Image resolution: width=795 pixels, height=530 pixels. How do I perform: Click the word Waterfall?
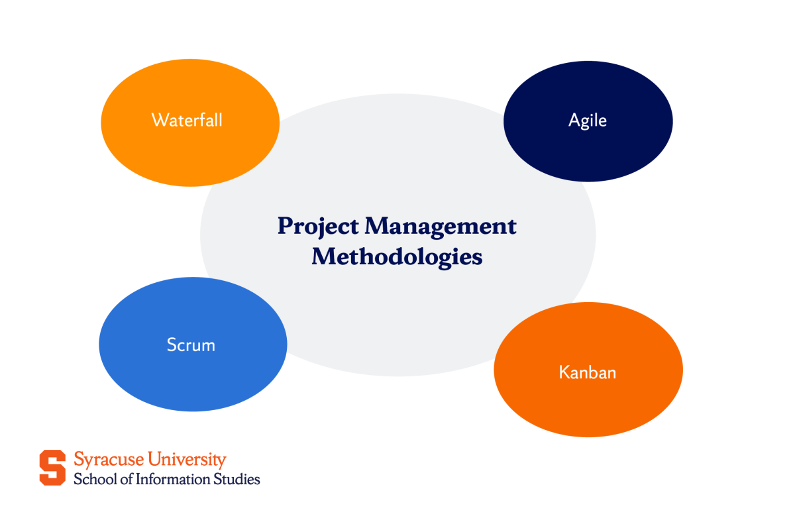[187, 120]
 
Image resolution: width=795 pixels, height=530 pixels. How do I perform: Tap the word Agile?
[588, 120]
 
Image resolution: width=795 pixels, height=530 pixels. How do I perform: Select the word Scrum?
[191, 345]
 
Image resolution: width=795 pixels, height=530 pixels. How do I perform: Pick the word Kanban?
[588, 372]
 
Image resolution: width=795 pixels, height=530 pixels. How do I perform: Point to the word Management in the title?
[441, 227]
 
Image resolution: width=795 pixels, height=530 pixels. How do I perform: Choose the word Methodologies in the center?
[397, 257]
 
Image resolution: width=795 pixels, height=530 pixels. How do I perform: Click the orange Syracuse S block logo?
[52, 468]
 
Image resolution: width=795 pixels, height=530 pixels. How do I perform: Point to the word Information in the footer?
[173, 479]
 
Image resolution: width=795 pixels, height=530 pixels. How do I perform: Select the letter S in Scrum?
[171, 345]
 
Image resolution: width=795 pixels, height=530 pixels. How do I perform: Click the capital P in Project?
[285, 226]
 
